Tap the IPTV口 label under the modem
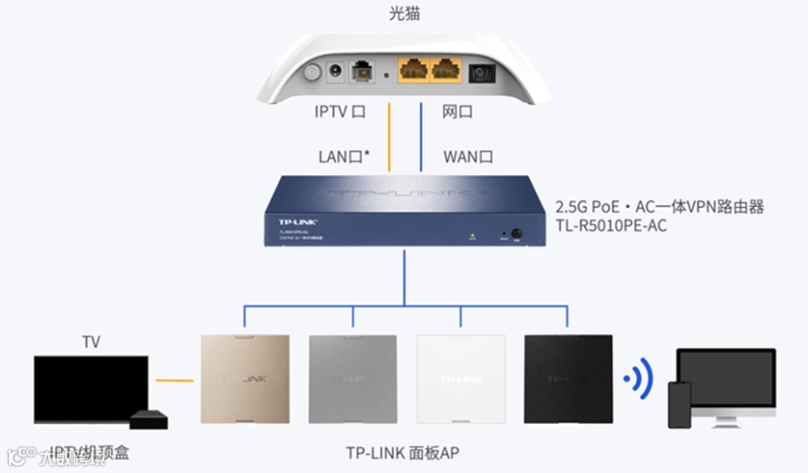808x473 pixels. click(340, 112)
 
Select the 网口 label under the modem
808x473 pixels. click(457, 112)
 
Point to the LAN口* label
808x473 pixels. click(343, 157)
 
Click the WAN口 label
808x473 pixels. click(468, 157)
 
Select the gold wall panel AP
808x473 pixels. click(245, 379)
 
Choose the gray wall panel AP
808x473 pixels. click(353, 379)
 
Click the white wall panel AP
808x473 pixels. click(462, 379)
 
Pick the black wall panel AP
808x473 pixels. click(569, 379)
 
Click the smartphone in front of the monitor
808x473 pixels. click(680, 404)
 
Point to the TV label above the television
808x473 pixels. click(91, 343)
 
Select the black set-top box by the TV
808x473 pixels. click(149, 419)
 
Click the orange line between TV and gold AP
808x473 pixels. click(174, 380)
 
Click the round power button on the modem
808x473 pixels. click(313, 73)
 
